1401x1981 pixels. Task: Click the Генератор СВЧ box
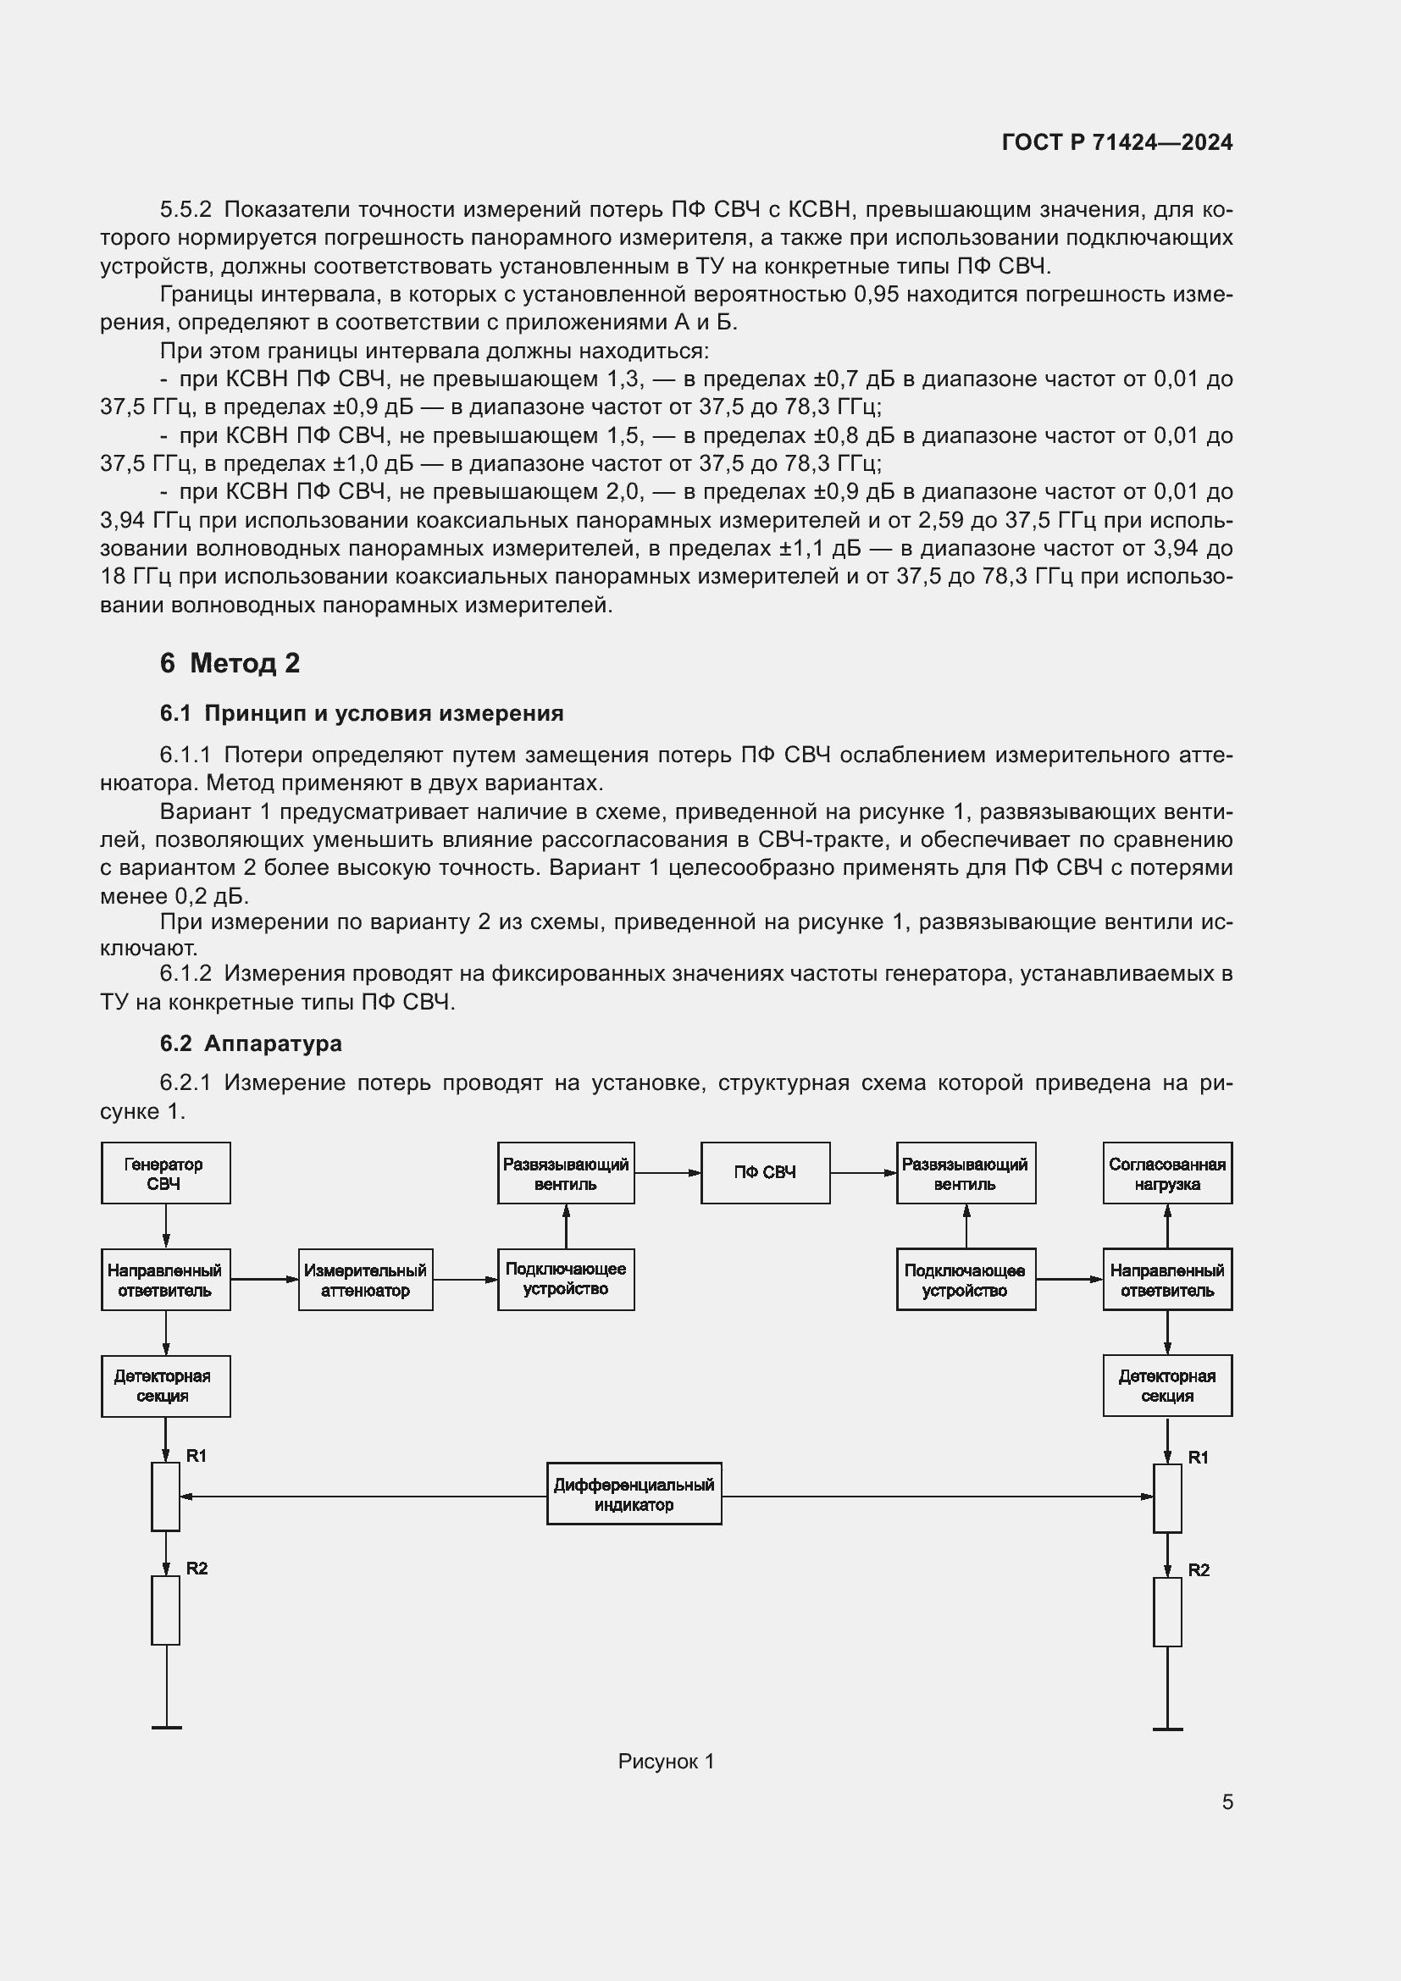[x=166, y=1172]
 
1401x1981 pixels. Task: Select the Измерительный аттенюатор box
[x=366, y=1280]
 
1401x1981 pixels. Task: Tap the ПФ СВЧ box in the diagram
[x=765, y=1172]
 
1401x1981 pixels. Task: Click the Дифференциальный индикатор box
[x=634, y=1493]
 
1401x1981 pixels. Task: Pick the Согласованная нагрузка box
[x=1167, y=1172]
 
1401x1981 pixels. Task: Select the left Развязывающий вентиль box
[x=566, y=1172]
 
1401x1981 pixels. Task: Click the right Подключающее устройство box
[x=966, y=1280]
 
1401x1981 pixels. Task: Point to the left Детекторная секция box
[x=166, y=1386]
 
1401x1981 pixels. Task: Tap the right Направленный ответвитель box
[x=1167, y=1280]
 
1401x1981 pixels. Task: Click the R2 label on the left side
[x=197, y=1569]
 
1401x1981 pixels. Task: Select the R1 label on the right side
[x=1199, y=1458]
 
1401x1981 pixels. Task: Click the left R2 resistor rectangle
[x=166, y=1610]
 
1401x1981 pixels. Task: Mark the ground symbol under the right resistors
[x=1167, y=1729]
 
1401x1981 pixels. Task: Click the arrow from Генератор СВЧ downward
[x=166, y=1226]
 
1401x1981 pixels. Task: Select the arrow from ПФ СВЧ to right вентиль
[x=862, y=1172]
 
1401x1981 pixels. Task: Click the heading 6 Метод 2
[x=230, y=662]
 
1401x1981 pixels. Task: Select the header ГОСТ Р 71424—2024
[x=1117, y=142]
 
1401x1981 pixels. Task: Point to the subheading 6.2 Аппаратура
[x=250, y=1043]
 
